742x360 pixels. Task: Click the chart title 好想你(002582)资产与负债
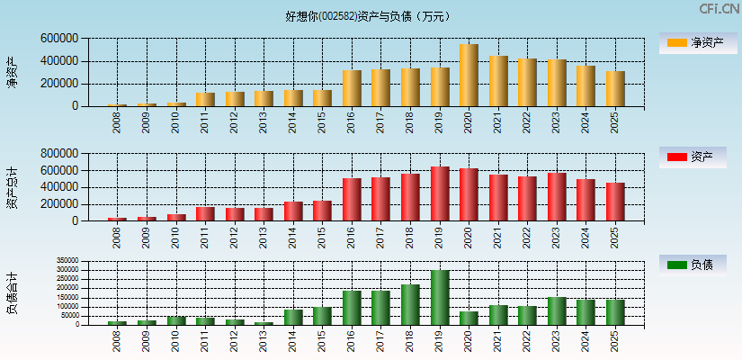coord(368,16)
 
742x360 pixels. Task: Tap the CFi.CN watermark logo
coord(719,9)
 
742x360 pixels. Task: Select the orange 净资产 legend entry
coord(692,42)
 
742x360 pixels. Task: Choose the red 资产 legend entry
coord(692,157)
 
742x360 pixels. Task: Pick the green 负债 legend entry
coord(692,265)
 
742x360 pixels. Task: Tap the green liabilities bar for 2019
coord(440,298)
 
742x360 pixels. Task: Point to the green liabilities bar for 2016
coord(352,308)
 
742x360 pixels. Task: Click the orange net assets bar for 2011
coord(205,100)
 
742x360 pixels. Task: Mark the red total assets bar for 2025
coord(615,202)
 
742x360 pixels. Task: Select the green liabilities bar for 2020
coord(469,318)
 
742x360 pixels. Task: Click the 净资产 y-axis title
coord(12,72)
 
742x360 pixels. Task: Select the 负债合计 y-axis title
coord(12,292)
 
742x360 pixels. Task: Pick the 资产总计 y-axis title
coord(12,187)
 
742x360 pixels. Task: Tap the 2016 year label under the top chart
coord(352,122)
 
